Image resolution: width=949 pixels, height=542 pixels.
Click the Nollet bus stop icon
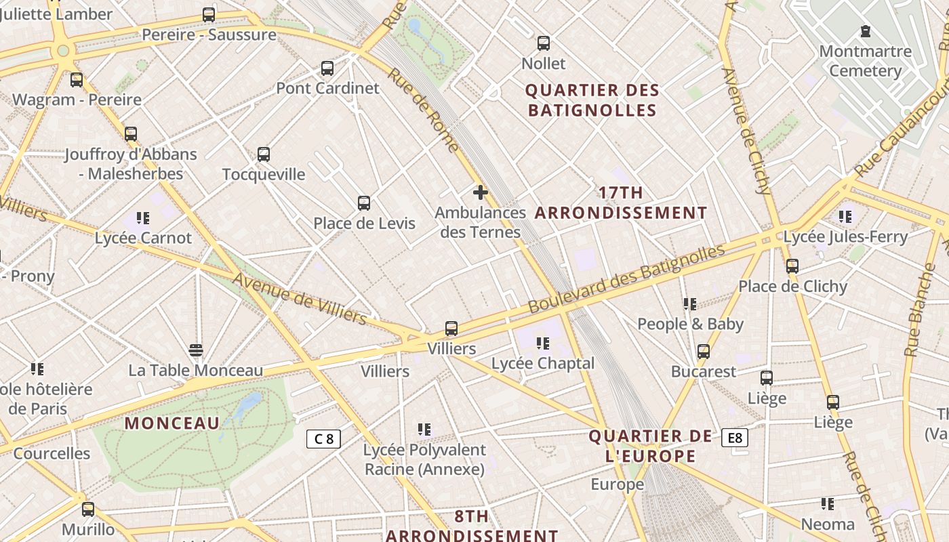pos(543,43)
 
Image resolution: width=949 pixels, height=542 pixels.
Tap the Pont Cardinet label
pos(327,88)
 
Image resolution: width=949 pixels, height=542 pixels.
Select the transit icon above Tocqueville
pos(264,154)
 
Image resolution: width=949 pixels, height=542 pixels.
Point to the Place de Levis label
pos(364,223)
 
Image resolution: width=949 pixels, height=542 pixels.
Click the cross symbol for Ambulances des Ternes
pos(481,193)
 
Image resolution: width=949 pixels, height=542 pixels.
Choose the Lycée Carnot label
pos(143,238)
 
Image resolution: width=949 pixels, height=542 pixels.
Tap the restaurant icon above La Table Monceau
pos(196,350)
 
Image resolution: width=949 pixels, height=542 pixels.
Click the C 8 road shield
pos(323,439)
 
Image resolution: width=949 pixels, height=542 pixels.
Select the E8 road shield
pos(734,438)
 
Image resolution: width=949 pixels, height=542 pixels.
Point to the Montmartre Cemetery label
pos(865,61)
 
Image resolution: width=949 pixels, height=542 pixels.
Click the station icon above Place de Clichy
pos(792,266)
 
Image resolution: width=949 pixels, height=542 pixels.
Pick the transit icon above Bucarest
pos(704,352)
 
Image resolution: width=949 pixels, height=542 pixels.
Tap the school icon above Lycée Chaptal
pos(542,343)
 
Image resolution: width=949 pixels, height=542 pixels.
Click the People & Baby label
pos(690,324)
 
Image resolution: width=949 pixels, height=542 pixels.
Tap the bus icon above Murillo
pos(88,509)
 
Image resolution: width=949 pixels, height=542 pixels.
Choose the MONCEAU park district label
pos(172,423)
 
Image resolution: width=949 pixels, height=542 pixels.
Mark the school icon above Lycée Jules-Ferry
pos(845,217)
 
